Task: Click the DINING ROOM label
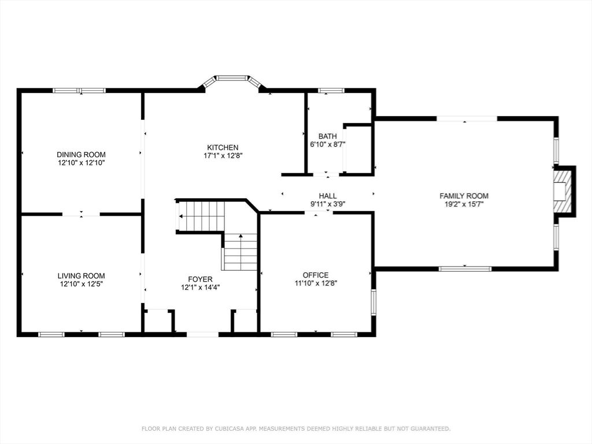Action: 81,154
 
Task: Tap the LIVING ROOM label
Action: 81,276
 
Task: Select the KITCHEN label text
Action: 223,147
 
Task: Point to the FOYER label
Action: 200,279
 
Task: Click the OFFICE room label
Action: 316,275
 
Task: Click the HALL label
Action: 327,196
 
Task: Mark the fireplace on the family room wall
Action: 563,191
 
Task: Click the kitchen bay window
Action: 232,77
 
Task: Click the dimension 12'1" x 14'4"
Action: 200,287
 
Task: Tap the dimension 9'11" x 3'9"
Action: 327,204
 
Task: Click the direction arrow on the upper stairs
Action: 182,217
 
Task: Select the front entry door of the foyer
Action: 202,334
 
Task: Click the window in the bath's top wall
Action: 331,91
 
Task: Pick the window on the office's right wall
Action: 373,302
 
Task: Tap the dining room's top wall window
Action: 79,91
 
